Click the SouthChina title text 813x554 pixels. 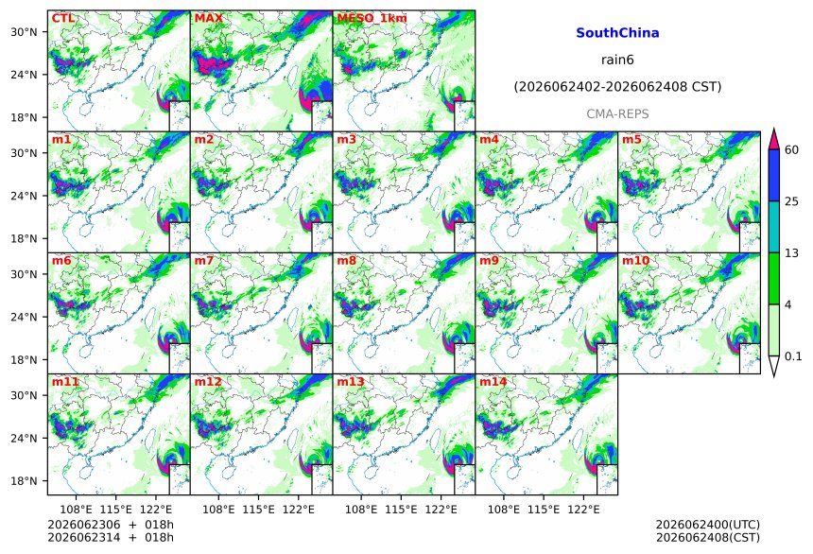tap(617, 33)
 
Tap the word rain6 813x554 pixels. tap(617, 60)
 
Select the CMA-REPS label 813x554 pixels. tap(617, 113)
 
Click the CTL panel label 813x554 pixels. tap(62, 18)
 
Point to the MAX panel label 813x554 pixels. tap(208, 18)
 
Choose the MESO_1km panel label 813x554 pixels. tap(372, 19)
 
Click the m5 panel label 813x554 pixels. tap(631, 140)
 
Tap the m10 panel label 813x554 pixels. tap(635, 260)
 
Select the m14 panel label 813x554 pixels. tap(493, 382)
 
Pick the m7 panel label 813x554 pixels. tap(204, 260)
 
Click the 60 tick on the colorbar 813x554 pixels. tap(791, 150)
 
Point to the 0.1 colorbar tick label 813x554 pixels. tap(793, 356)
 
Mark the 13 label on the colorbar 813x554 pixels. tap(791, 253)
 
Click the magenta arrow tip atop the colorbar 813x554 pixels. tap(773, 129)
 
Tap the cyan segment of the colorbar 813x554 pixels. tap(773, 227)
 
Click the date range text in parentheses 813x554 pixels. tap(617, 87)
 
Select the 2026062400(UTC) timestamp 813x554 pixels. tap(708, 525)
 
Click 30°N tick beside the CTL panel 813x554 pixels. tap(24, 32)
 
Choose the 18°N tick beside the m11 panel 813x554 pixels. tap(24, 481)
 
